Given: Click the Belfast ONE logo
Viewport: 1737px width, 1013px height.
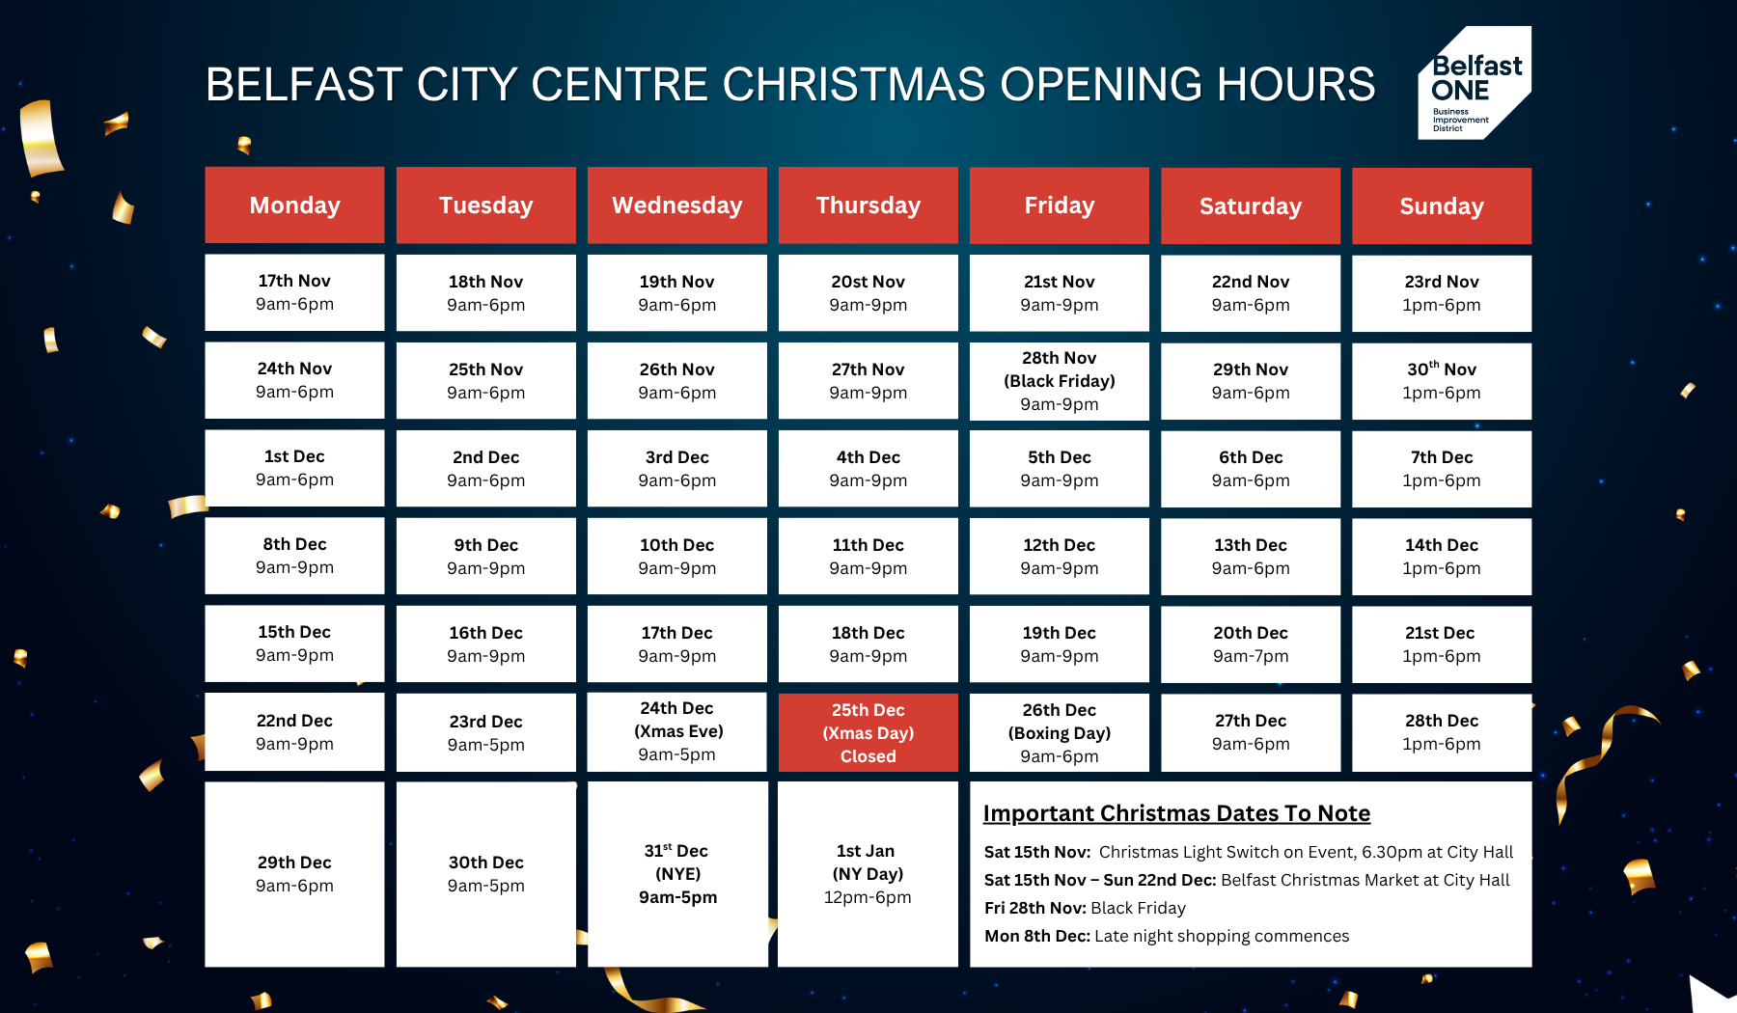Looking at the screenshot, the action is pyautogui.click(x=1474, y=83).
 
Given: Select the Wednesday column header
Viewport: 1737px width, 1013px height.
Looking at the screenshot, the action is pyautogui.click(x=677, y=205).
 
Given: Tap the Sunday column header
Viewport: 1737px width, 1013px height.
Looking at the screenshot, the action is pyautogui.click(x=1442, y=206).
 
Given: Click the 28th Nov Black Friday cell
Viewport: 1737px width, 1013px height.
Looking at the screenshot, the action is pyautogui.click(x=1060, y=381).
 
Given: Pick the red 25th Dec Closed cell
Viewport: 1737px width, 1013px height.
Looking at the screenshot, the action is pyautogui.click(x=868, y=733).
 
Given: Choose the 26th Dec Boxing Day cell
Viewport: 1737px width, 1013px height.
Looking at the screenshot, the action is pyautogui.click(x=1060, y=733).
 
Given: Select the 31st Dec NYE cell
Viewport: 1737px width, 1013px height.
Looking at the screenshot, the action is pyautogui.click(x=677, y=874).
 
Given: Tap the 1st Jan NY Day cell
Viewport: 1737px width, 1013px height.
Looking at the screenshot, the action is pyautogui.click(x=868, y=874).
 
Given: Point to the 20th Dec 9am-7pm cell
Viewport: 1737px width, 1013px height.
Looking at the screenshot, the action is pyautogui.click(x=1251, y=644).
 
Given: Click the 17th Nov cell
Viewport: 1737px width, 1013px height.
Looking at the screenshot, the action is pyautogui.click(x=294, y=292).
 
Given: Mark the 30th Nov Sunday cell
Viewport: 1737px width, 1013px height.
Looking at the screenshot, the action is pyautogui.click(x=1442, y=381).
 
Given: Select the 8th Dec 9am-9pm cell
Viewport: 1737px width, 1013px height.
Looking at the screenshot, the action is pyautogui.click(x=294, y=556).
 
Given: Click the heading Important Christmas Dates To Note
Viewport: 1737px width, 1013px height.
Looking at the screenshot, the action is pyautogui.click(x=1176, y=813).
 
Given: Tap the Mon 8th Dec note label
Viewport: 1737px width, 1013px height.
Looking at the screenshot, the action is pyautogui.click(x=1037, y=936).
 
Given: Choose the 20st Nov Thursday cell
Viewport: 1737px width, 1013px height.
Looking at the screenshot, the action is pyautogui.click(x=868, y=293).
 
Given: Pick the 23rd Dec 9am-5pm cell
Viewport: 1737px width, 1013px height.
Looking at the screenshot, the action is pyautogui.click(x=486, y=732).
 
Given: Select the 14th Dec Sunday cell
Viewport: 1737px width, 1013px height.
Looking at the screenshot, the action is pyautogui.click(x=1442, y=557).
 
